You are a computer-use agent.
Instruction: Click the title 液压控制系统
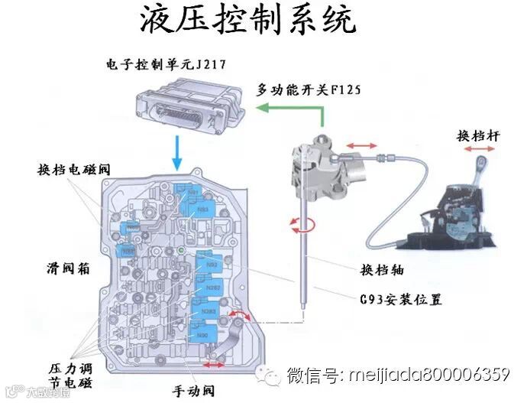pyautogui.click(x=247, y=21)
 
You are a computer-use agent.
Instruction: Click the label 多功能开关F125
pyautogui.click(x=309, y=89)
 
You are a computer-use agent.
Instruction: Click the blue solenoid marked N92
pyautogui.click(x=212, y=265)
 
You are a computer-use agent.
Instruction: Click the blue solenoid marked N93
pyautogui.click(x=202, y=208)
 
